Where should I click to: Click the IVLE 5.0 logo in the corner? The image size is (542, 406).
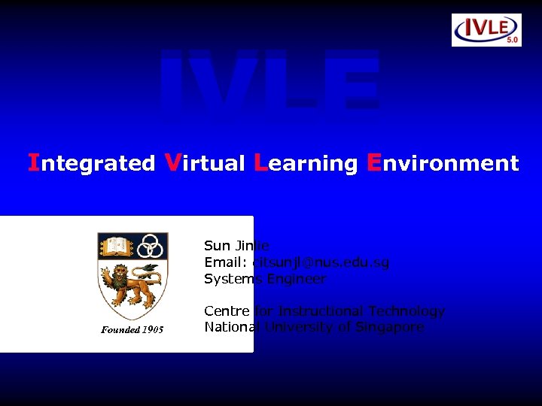click(x=486, y=29)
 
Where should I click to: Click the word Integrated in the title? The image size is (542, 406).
click(x=91, y=163)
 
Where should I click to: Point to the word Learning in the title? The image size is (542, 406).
click(x=306, y=163)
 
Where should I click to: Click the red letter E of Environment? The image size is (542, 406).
click(x=373, y=162)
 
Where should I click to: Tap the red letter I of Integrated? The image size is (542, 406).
click(x=33, y=162)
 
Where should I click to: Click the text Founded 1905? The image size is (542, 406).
click(x=132, y=330)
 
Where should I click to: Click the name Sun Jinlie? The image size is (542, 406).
click(x=236, y=246)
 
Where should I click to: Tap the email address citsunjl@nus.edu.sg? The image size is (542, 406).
click(x=321, y=262)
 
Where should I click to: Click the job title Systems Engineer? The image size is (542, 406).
click(x=265, y=279)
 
